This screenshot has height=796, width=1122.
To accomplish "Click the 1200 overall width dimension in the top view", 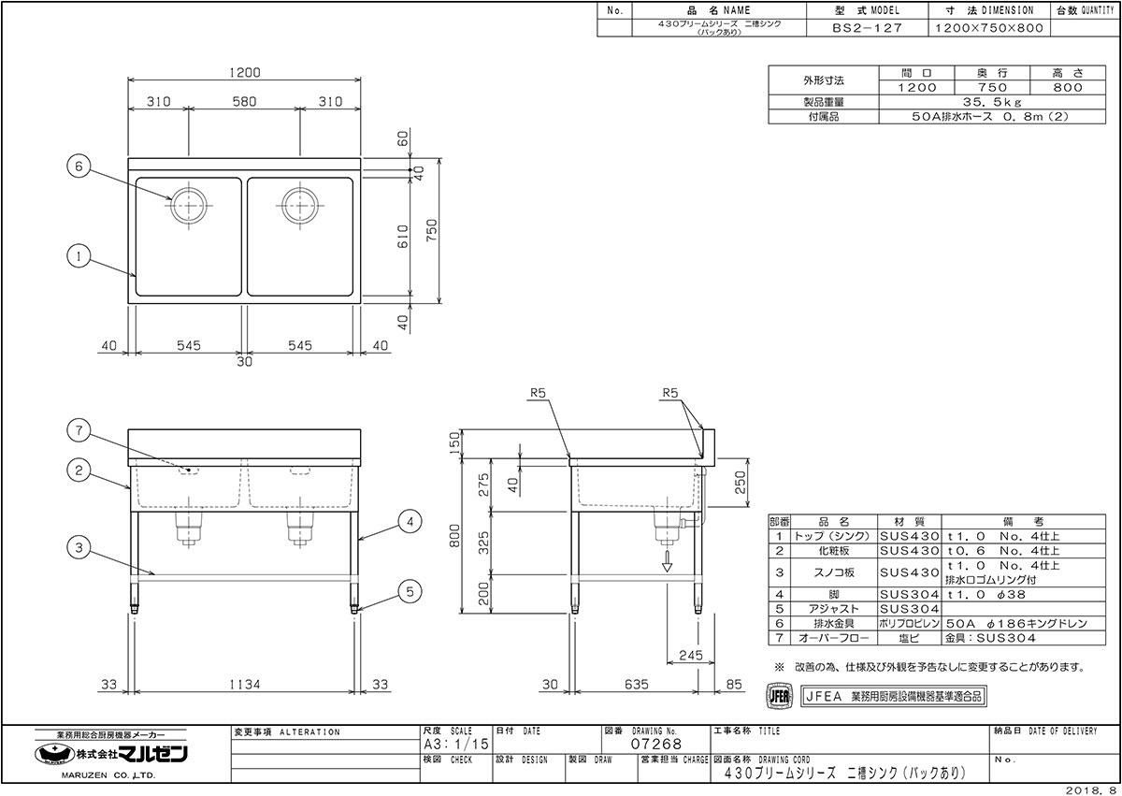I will [244, 73].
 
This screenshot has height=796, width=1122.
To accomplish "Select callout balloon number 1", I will [79, 253].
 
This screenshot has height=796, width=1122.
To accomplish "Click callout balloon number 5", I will [406, 591].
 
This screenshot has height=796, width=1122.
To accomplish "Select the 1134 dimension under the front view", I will [244, 685].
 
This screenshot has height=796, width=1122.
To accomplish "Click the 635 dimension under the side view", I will [635, 685].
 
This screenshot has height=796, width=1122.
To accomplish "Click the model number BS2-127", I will [867, 28].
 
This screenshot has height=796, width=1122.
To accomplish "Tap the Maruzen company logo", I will [113, 755].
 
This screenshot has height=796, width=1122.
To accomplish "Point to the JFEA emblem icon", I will [780, 696].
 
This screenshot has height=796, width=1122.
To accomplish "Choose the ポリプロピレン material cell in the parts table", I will [908, 622].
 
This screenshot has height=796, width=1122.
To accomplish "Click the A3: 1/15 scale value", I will [455, 745].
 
